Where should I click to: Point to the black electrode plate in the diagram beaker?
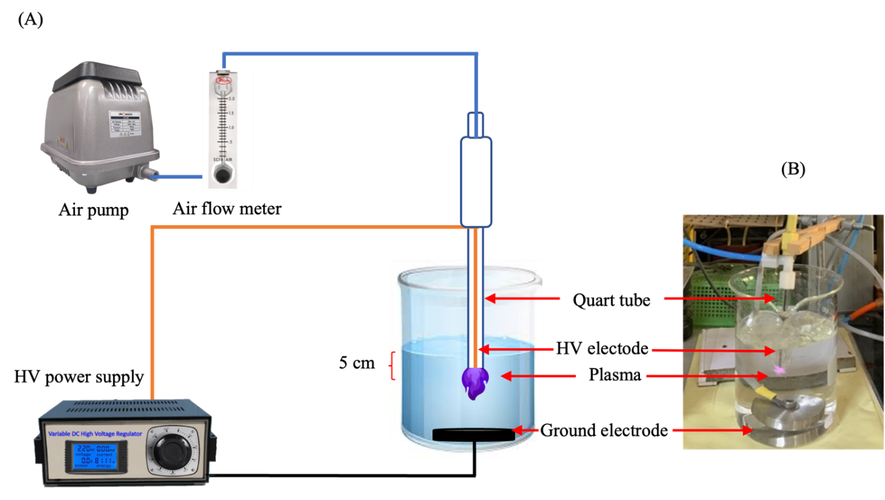coord(474,435)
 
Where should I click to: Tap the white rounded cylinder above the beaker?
coord(476,182)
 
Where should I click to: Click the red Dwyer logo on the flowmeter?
coord(224,81)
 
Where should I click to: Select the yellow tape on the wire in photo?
coord(763,392)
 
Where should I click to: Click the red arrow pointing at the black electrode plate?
coord(526,430)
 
